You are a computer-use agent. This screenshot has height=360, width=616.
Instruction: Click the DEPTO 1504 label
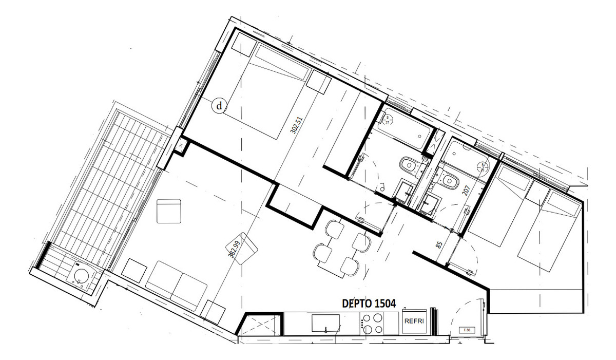(x=369, y=303)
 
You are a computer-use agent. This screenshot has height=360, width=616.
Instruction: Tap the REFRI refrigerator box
(x=414, y=321)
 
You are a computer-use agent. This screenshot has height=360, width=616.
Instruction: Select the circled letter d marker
(x=220, y=106)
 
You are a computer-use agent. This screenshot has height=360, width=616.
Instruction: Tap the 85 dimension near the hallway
(x=439, y=245)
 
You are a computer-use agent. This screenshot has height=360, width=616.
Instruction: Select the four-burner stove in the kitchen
(x=372, y=324)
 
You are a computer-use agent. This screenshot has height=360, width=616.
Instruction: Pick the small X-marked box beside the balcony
(x=182, y=146)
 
